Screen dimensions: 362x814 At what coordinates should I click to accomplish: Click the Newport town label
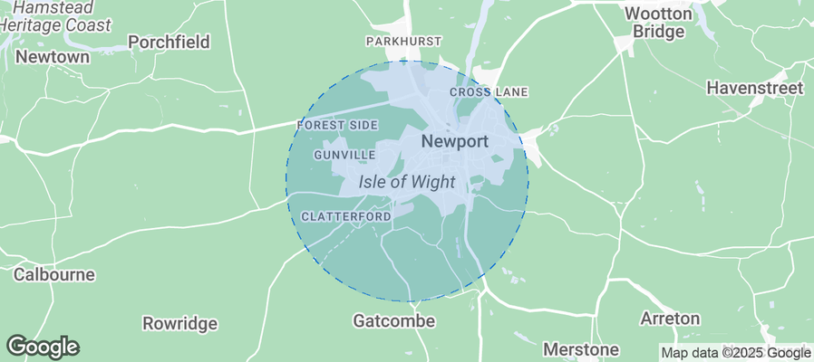[455, 142]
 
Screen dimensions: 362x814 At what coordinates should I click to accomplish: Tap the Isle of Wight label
[406, 181]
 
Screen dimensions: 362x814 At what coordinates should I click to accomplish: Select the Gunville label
[344, 155]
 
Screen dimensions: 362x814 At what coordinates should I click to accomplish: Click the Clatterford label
[345, 217]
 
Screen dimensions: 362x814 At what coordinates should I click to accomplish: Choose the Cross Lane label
[489, 92]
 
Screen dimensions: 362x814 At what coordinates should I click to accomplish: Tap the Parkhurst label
[403, 42]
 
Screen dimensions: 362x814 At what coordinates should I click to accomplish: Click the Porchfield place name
[169, 43]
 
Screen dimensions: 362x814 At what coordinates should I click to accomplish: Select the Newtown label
[53, 57]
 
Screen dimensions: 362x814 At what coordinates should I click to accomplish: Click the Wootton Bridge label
[659, 23]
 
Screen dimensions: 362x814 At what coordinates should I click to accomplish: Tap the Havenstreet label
[755, 89]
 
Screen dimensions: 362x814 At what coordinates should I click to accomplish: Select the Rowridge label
[180, 323]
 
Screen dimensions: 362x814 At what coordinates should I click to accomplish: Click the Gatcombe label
[393, 321]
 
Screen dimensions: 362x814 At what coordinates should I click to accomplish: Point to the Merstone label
[580, 348]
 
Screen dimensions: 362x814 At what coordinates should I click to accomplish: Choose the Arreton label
[670, 319]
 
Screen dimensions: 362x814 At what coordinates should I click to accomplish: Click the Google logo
[43, 347]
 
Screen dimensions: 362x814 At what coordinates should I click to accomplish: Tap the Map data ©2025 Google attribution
[735, 353]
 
